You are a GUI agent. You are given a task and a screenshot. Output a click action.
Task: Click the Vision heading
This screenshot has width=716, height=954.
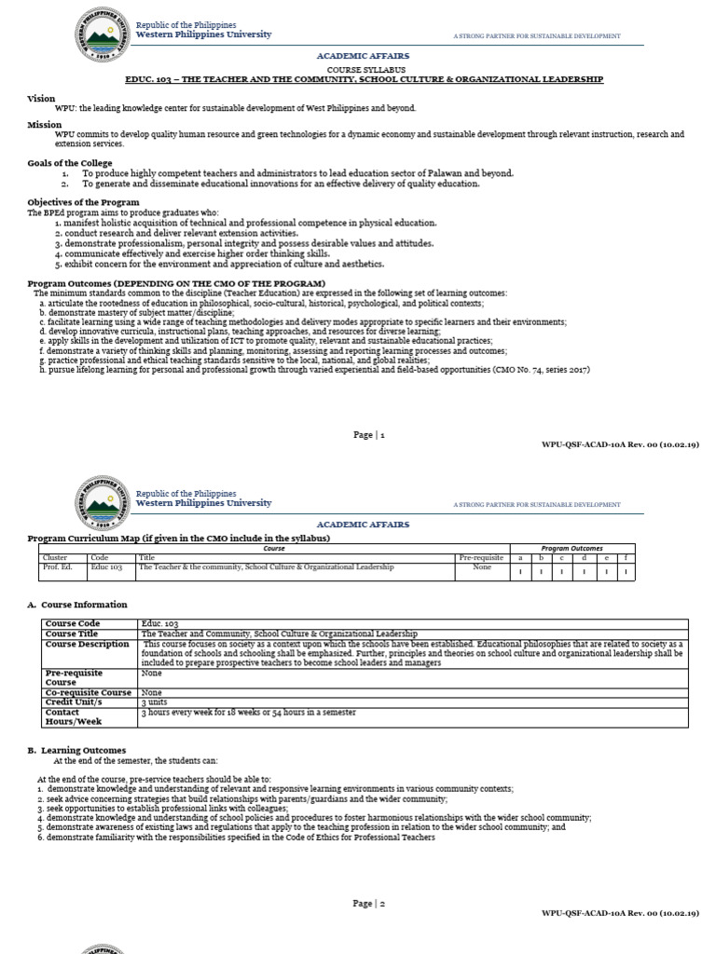coord(42,98)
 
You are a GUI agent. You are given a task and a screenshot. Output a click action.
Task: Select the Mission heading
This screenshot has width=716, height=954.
coord(45,124)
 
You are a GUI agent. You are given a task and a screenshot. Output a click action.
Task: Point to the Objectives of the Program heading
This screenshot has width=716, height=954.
coord(83,202)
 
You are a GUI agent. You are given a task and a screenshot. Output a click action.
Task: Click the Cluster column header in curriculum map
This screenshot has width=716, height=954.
coord(56,557)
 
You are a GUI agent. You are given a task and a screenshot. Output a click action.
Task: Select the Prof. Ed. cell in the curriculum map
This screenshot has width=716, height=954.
coord(58,566)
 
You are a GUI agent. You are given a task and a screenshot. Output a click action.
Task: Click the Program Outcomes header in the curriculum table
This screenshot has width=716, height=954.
coord(573,548)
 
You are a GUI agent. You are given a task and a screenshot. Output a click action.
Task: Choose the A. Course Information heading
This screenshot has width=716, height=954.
coord(77,605)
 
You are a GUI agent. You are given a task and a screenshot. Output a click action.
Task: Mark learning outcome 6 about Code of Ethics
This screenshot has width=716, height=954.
coord(237,837)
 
